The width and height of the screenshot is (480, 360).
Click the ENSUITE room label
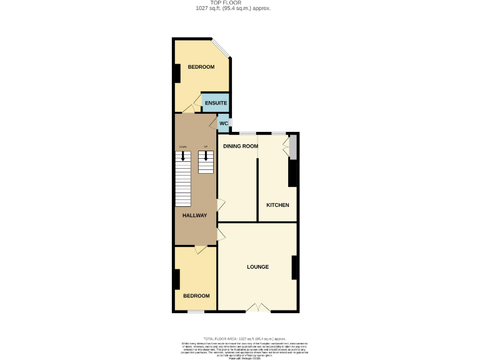pos(216,103)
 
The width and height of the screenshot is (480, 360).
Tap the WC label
pos(223,123)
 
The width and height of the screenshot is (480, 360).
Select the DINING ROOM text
pos(241,146)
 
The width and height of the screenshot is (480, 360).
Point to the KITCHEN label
pos(277,205)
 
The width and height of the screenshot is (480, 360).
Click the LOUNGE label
pos(257,267)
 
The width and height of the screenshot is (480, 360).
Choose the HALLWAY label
pos(194,215)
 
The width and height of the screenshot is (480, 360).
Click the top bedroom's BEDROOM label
pos(201,67)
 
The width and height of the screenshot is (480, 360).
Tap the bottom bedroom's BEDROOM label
pos(196,296)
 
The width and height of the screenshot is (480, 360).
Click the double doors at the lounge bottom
pos(257,307)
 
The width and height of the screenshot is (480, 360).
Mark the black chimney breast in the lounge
pos(294,267)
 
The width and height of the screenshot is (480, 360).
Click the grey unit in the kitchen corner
pos(293,147)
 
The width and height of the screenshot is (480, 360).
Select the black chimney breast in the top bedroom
pos(177,74)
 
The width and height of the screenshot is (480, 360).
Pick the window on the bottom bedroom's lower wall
pos(196,311)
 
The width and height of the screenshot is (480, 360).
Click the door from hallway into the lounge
pos(221,234)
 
